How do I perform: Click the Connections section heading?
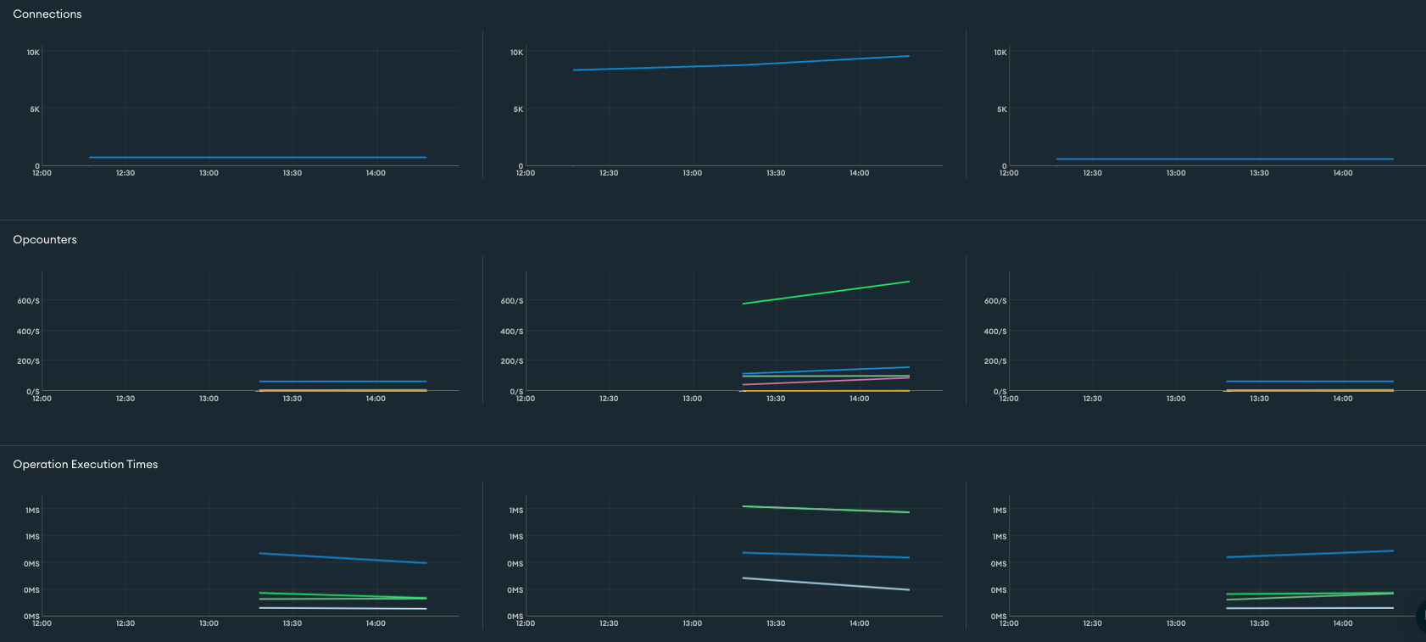47,14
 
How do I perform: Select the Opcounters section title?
45,240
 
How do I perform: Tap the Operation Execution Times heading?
86,465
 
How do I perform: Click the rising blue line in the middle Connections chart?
741,64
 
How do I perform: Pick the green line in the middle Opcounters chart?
826,293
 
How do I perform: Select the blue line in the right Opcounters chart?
1310,382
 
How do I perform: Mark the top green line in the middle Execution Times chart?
826,509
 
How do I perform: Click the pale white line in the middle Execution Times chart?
826,584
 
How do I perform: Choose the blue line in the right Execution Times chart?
1310,554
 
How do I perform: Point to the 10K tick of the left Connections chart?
33,53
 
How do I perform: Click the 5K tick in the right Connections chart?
1002,109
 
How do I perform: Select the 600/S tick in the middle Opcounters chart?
512,301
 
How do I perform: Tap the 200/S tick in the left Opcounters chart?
28,361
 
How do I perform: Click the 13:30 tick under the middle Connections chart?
776,173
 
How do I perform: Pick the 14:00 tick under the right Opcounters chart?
1343,399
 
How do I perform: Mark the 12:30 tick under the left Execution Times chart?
125,623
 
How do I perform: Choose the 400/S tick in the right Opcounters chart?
995,332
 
